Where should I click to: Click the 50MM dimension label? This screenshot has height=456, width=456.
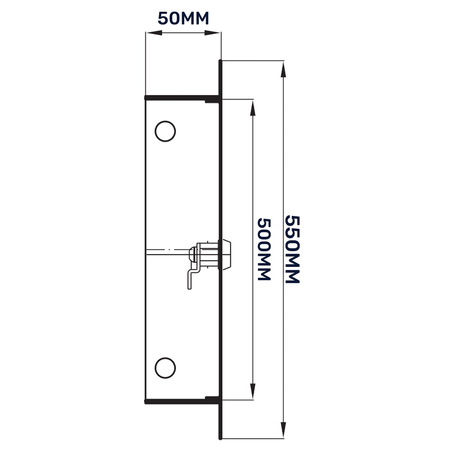pos(183,19)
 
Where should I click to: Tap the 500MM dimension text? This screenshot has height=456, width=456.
pos(264,249)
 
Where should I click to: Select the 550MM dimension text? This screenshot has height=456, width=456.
pos(292,249)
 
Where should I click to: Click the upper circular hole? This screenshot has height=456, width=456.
pos(165,131)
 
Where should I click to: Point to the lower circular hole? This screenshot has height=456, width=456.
pos(165,368)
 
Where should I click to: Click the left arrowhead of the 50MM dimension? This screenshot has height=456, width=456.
pos(153,33)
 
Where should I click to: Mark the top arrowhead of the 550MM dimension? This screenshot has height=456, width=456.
pos(283,69)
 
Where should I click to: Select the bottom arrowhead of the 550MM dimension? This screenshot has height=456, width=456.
pos(283,429)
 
